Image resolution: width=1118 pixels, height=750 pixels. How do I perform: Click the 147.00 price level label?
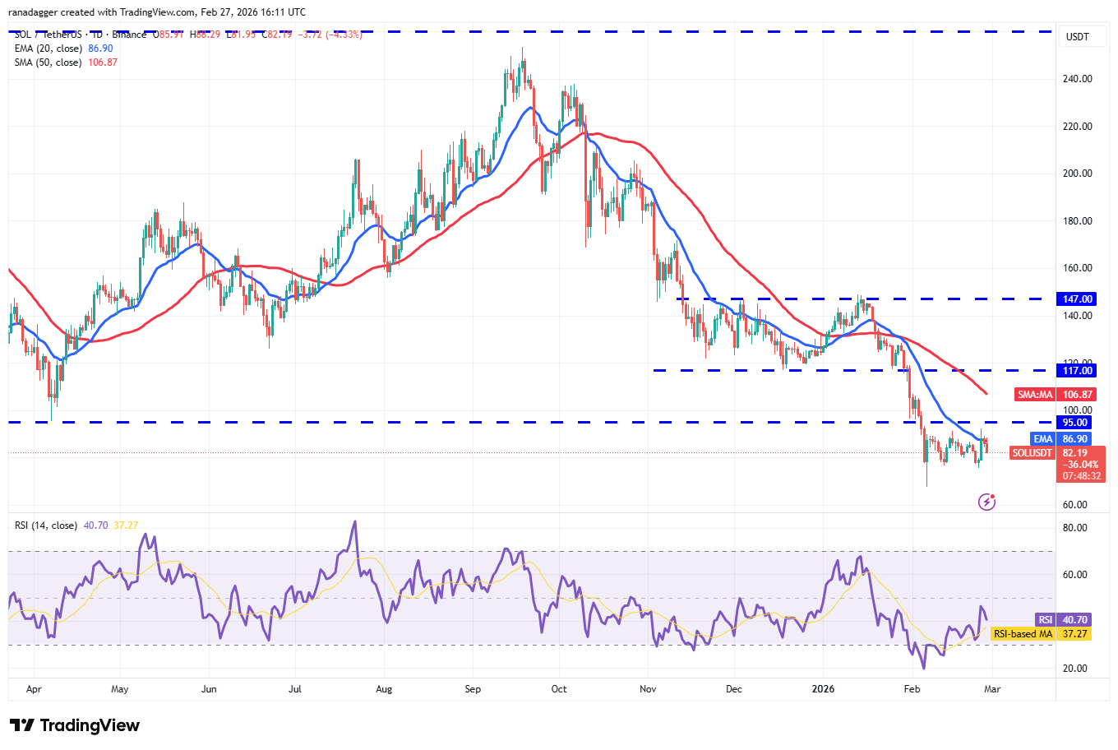click(1078, 299)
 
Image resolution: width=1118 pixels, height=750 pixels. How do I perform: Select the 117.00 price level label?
click(1078, 371)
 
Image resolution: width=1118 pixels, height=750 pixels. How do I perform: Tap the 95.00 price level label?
click(1075, 423)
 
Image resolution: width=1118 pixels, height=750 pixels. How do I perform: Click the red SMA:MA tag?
click(1035, 395)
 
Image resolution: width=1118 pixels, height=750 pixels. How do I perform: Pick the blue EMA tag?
click(1042, 439)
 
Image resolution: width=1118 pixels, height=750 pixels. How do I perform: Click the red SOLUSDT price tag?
click(1032, 453)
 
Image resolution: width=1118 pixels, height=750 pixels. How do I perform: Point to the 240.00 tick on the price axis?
click(1077, 79)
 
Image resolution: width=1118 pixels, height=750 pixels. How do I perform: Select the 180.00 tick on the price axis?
click(1077, 221)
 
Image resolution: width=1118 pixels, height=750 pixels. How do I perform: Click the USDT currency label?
click(1077, 37)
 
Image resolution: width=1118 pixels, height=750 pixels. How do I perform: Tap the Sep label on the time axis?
click(473, 689)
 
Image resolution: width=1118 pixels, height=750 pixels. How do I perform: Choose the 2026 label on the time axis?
click(823, 689)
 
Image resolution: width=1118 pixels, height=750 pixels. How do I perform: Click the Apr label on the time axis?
click(34, 689)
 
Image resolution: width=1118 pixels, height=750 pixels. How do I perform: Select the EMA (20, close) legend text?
click(48, 49)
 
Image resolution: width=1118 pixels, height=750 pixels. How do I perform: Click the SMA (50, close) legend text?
click(48, 62)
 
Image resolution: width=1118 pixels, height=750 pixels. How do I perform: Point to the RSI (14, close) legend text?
click(46, 525)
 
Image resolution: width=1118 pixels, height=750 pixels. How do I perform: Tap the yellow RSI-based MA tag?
click(1023, 634)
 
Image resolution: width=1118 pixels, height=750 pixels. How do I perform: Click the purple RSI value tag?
click(1045, 620)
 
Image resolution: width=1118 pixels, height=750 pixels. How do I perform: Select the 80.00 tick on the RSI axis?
click(1075, 528)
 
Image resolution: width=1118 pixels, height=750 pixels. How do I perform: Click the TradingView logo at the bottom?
click(75, 725)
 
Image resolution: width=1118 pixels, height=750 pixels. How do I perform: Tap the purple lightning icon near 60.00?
click(987, 502)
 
